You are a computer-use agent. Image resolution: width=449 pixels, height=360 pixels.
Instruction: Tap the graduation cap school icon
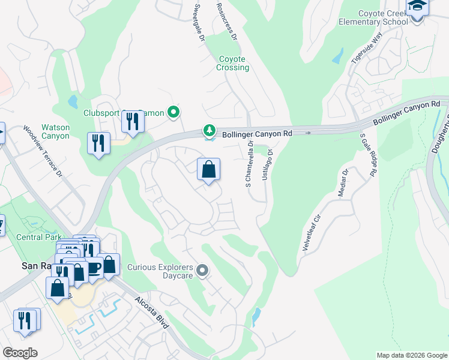(416, 7)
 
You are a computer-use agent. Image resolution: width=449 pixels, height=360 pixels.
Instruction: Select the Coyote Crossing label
(232, 63)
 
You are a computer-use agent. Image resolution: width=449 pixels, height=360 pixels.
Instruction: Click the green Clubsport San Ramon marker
(173, 112)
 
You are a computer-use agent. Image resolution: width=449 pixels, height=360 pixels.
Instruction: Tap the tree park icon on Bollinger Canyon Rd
(209, 130)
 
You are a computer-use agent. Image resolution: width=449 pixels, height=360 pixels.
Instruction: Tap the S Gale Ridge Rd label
(368, 155)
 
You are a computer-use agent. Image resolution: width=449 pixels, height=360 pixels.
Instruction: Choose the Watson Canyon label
(55, 131)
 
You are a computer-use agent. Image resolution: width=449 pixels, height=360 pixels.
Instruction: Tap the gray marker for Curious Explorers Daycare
(202, 272)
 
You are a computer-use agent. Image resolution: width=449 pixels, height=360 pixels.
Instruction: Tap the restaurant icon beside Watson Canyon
(98, 143)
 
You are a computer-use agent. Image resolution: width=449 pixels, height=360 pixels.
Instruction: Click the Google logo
(20, 353)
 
